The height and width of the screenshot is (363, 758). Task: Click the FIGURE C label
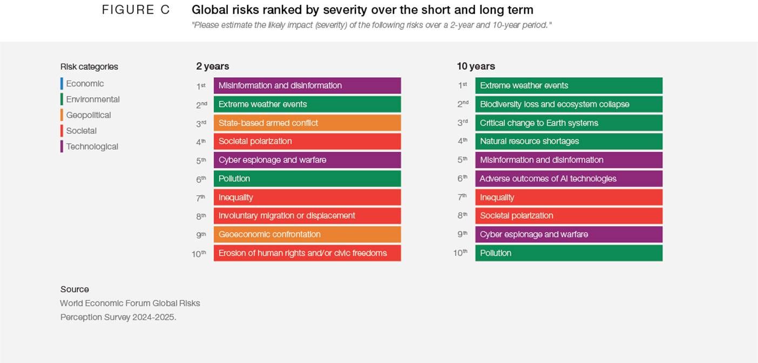136,10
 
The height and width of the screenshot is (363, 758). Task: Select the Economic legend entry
85,84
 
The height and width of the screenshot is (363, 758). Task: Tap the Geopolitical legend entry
88,115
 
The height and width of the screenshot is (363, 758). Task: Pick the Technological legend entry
92,146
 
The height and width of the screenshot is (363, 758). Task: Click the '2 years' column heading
212,66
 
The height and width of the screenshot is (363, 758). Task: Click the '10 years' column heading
476,66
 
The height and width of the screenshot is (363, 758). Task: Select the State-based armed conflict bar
307,123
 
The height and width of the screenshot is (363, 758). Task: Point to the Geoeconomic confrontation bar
307,234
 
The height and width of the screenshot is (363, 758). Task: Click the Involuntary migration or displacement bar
307,216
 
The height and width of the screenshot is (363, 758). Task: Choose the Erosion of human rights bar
307,253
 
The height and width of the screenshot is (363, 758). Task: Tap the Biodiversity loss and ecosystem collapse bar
568,104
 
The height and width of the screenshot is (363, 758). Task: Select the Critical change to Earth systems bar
568,123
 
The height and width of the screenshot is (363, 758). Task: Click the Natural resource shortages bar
568,141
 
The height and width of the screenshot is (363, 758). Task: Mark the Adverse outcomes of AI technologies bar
568,179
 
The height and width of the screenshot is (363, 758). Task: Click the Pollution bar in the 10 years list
568,253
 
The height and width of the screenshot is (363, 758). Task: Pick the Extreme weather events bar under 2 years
307,104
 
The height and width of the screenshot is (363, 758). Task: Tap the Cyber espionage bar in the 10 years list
568,234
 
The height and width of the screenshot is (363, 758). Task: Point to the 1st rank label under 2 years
201,86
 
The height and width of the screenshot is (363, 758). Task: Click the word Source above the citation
75,289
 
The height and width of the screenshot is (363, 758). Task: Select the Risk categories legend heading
89,67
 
